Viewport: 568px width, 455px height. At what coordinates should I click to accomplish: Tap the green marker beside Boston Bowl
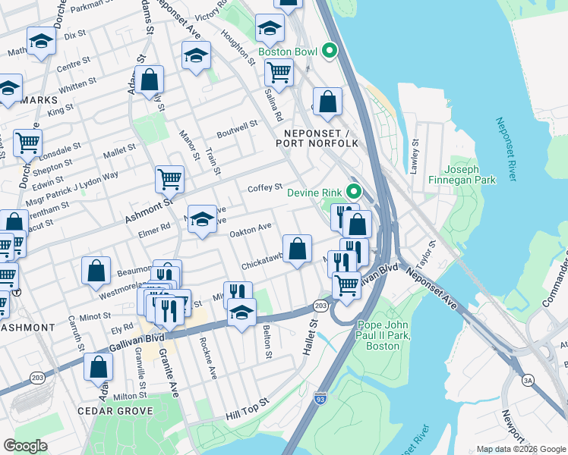[x=329, y=51]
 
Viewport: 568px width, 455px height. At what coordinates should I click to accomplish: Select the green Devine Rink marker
[x=352, y=191]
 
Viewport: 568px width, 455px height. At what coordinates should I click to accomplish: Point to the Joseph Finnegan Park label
[x=470, y=174]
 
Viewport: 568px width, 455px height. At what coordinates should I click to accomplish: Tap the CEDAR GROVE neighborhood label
[x=115, y=411]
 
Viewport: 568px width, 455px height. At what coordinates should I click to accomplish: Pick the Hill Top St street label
[x=248, y=410]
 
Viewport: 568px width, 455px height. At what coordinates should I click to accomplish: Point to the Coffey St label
[x=265, y=187]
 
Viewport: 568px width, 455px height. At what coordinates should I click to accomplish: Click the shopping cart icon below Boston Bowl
[x=279, y=73]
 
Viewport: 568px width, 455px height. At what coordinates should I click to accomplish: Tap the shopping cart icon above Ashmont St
[x=169, y=180]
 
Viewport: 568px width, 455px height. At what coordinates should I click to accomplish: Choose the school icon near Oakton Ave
[x=201, y=220]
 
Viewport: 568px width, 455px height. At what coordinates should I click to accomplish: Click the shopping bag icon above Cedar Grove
[x=98, y=367]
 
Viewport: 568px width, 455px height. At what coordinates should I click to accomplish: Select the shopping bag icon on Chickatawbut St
[x=298, y=248]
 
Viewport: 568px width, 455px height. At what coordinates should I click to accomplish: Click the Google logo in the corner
[x=25, y=446]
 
